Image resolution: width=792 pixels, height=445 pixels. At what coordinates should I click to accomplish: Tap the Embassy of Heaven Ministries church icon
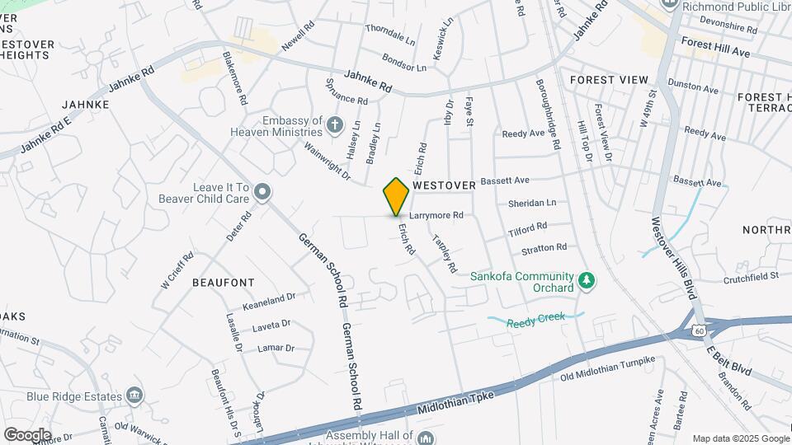tap(334, 125)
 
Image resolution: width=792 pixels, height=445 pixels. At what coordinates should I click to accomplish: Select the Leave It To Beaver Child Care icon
tap(262, 193)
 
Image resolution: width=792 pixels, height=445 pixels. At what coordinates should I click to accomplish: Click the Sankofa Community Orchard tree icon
tap(587, 282)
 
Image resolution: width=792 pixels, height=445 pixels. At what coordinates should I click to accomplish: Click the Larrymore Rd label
tap(436, 215)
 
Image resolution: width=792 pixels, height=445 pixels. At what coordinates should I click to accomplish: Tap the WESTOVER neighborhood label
tap(445, 186)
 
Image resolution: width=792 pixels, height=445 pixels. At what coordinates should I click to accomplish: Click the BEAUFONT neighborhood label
tap(223, 282)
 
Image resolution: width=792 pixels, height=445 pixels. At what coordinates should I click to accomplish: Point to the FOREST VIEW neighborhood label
tap(609, 80)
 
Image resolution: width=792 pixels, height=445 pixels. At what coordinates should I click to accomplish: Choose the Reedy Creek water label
tap(533, 324)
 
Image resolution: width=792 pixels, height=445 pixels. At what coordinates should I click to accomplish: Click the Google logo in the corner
tap(27, 434)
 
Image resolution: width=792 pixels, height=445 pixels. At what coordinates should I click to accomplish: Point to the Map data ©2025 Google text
tap(740, 438)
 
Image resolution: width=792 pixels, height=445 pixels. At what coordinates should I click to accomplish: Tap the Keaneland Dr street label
tap(268, 297)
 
